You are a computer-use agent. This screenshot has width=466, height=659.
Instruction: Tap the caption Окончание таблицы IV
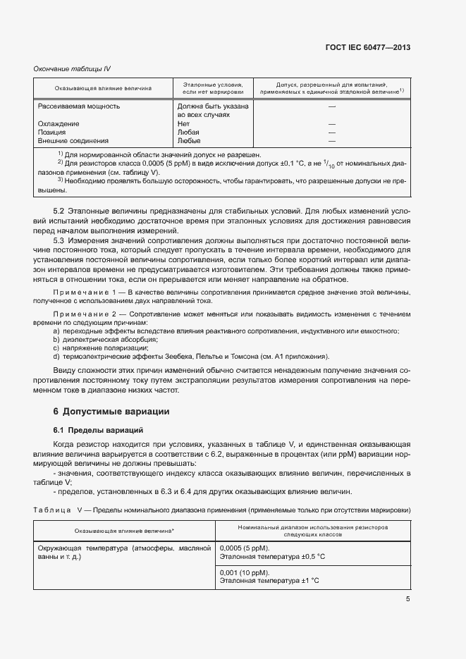pyautogui.click(x=72, y=68)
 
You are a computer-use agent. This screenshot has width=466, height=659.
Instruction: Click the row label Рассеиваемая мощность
pyautogui.click(x=78, y=106)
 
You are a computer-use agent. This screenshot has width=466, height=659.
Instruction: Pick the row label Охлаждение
pyautogui.click(x=59, y=123)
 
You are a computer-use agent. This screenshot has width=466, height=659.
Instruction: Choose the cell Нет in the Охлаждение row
pyautogui.click(x=184, y=123)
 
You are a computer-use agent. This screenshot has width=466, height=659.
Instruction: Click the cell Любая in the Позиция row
pyautogui.click(x=188, y=132)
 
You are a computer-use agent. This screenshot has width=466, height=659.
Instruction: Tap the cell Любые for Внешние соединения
pyautogui.click(x=189, y=140)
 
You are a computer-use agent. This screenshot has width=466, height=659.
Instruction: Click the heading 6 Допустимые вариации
pyautogui.click(x=111, y=411)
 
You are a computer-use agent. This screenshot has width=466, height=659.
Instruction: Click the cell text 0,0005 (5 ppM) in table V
pyautogui.click(x=245, y=548)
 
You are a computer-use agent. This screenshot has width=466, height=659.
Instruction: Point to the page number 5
pyautogui.click(x=407, y=599)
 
